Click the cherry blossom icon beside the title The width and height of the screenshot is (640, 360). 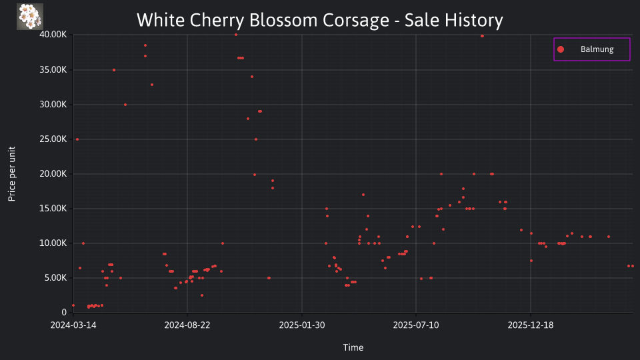[x=30, y=17]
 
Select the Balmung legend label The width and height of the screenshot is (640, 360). [x=597, y=49]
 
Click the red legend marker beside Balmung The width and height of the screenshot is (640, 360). [x=561, y=49]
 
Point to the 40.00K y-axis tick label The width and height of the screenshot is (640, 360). [x=53, y=35]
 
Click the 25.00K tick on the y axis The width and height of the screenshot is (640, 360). [x=53, y=139]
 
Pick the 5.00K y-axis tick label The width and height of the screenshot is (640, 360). [x=55, y=278]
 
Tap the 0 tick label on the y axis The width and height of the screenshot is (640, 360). [x=64, y=312]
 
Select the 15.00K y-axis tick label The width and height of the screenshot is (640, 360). [x=53, y=209]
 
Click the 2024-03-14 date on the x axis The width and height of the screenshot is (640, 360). [x=73, y=325]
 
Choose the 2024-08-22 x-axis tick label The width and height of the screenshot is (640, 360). [x=187, y=325]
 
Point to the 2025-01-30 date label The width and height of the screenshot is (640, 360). [x=302, y=325]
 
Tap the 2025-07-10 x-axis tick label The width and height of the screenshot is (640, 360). [x=416, y=325]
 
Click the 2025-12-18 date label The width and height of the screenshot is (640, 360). [x=531, y=325]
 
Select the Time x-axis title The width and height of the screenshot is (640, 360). [x=353, y=348]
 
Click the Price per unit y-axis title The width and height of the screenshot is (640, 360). [x=11, y=174]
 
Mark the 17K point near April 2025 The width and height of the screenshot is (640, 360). [x=363, y=195]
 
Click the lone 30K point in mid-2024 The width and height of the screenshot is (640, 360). [x=125, y=105]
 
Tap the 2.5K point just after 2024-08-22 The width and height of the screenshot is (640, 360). [x=201, y=295]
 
